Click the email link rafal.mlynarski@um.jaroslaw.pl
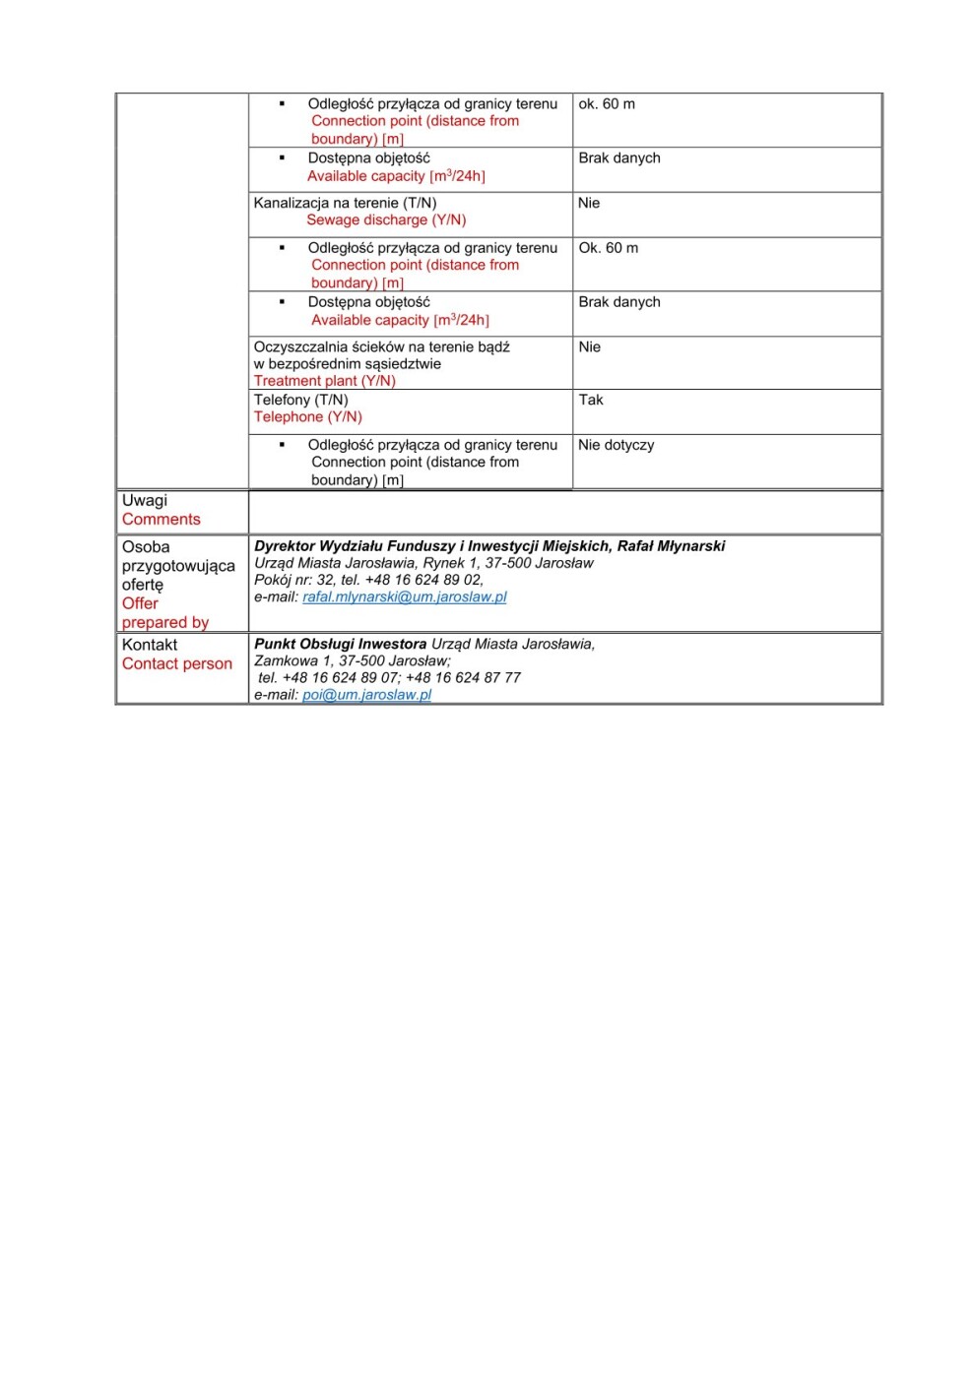tap(404, 597)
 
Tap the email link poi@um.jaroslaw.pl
tap(366, 695)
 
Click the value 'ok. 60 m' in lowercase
tap(607, 104)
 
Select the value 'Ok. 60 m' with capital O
tap(608, 248)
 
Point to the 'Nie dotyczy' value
tap(616, 445)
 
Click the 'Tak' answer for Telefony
tap(591, 400)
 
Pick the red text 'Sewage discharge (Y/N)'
tap(386, 220)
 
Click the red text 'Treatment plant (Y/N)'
tap(324, 381)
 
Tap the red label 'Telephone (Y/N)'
tap(307, 417)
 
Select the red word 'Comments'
tap(161, 520)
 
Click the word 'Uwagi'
tap(145, 501)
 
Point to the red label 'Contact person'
tap(177, 664)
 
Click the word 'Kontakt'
tap(150, 645)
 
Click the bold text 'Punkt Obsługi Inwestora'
tap(340, 645)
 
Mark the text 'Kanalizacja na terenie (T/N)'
tap(345, 204)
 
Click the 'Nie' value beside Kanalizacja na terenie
tap(589, 203)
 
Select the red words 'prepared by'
tap(165, 623)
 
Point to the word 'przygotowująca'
tap(178, 566)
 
